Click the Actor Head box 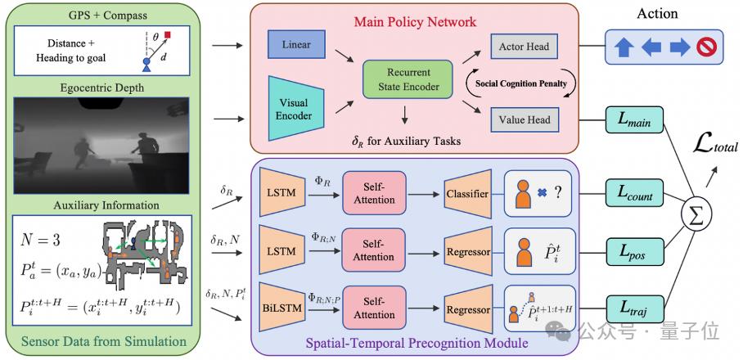tap(523, 47)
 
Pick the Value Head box tap(523, 120)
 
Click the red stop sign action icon tap(707, 47)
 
